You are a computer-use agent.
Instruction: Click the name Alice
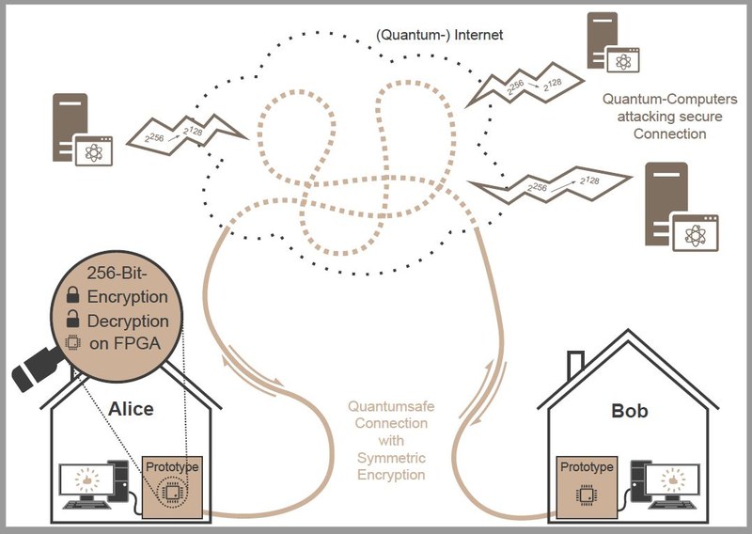tap(131, 409)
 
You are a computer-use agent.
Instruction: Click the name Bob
tap(630, 411)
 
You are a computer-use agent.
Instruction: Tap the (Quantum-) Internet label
tap(440, 35)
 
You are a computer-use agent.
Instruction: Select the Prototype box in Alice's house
tap(172, 487)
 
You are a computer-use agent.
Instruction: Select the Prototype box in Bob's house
tap(587, 487)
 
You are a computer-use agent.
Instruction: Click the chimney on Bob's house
tap(575, 365)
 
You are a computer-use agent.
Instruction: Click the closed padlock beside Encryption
tap(73, 294)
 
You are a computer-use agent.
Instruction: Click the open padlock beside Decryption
tap(73, 318)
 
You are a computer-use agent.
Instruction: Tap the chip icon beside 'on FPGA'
tap(72, 342)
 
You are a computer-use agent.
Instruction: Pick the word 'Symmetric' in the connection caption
tap(391, 458)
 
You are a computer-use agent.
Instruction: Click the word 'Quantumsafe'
tap(391, 406)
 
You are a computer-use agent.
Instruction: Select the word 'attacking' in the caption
tap(669, 117)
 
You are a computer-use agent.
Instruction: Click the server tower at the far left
tap(70, 127)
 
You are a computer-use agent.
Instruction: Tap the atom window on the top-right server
tap(623, 60)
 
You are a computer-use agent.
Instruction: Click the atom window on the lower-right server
tap(696, 233)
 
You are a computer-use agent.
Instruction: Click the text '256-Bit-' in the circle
tap(117, 273)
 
